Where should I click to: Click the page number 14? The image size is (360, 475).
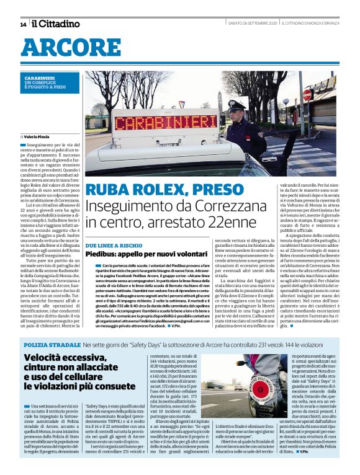coord(23,24)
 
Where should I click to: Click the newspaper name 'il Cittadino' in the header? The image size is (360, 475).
coord(56,24)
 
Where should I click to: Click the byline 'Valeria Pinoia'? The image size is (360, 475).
coord(38,135)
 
